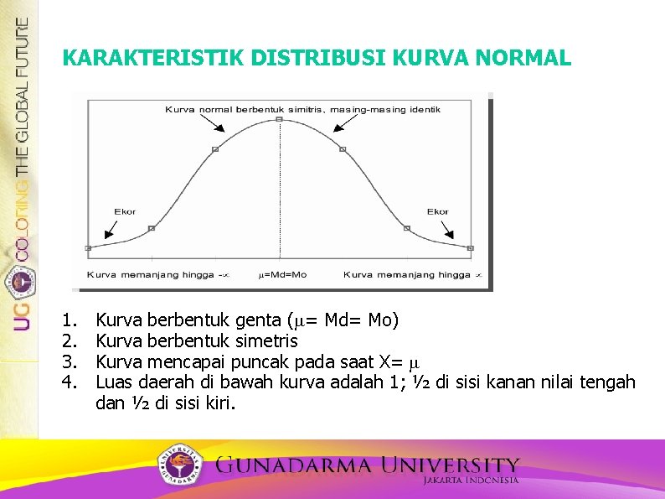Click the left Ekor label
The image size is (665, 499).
[125, 211]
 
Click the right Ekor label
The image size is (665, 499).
[437, 211]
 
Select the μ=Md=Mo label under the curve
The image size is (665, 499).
[282, 274]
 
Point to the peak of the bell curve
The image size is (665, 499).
[280, 119]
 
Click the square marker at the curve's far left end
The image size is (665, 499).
[88, 248]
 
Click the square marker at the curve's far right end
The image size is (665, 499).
[470, 248]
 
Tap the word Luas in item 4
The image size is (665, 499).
[114, 382]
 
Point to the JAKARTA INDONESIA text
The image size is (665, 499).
[470, 481]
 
